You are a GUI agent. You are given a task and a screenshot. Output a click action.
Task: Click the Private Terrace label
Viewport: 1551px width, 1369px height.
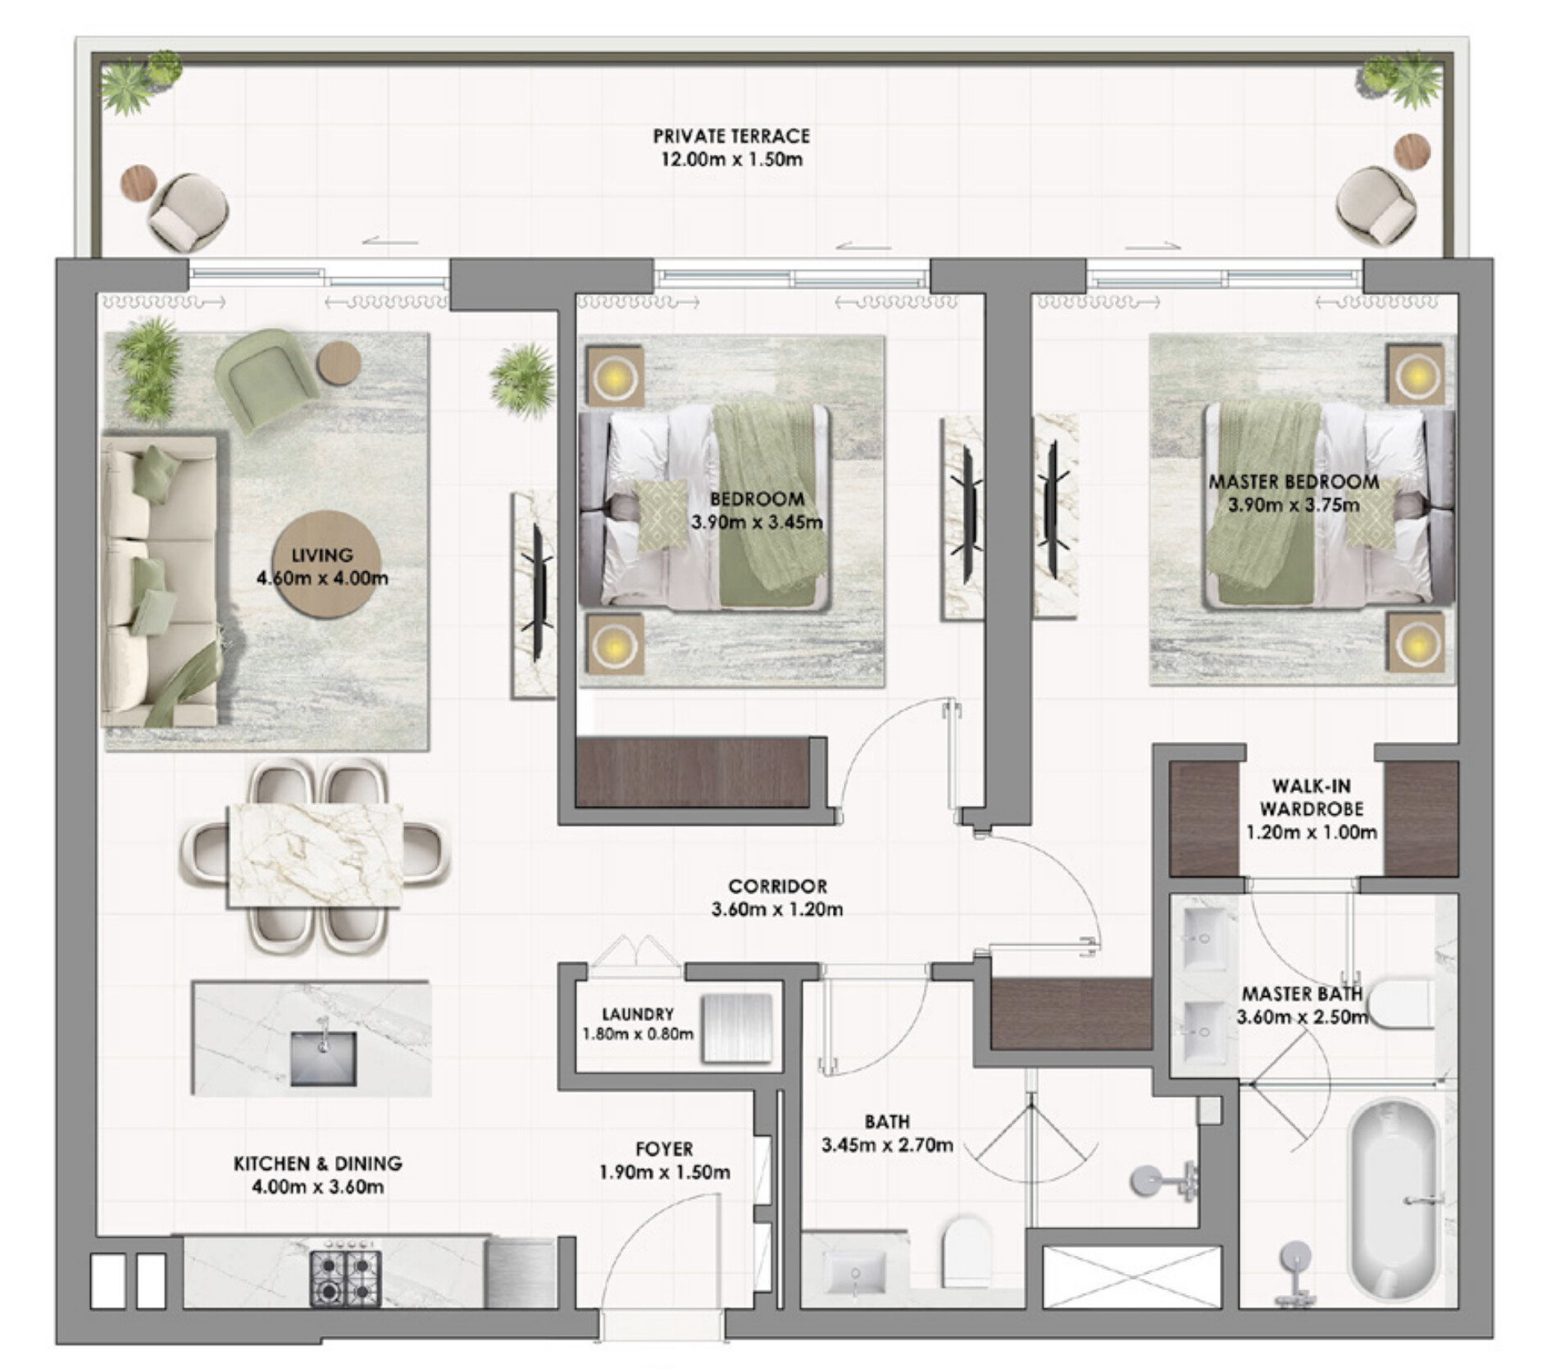tap(731, 136)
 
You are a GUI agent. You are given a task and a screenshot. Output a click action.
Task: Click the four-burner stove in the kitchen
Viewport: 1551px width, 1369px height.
tap(345, 1278)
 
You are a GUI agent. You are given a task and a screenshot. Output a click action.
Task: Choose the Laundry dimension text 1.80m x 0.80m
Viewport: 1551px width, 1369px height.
tap(638, 1034)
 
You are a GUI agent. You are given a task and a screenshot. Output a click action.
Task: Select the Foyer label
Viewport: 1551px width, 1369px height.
tap(664, 1149)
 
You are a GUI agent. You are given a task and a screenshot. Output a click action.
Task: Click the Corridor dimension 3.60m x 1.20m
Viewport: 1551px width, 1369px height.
tap(777, 909)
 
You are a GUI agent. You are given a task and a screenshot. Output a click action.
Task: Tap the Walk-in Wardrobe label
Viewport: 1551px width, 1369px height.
tap(1311, 798)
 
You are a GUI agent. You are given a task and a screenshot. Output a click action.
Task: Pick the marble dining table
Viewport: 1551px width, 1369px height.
tap(316, 855)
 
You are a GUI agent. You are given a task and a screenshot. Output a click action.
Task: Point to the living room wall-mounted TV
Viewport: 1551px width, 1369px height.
tap(539, 593)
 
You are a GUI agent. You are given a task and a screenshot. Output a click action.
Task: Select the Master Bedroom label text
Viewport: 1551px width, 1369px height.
tap(1294, 482)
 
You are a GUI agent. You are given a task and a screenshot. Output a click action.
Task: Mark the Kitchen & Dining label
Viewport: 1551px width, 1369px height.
tap(318, 1163)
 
